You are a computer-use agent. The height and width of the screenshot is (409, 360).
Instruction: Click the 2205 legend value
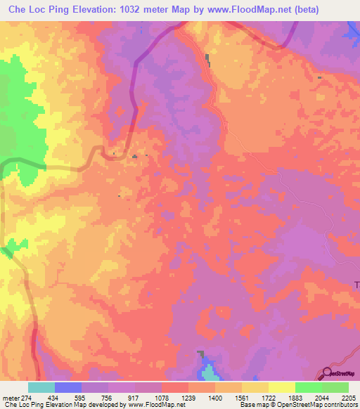click(347, 398)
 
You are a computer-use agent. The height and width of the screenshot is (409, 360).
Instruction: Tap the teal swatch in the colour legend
click(41, 387)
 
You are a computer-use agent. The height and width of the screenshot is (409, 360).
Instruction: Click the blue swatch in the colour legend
click(68, 387)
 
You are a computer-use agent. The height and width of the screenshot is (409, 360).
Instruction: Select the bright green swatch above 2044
click(308, 387)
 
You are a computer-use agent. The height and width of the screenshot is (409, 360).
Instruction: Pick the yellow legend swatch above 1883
click(281, 387)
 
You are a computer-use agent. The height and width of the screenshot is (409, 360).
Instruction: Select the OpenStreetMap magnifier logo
click(327, 374)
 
